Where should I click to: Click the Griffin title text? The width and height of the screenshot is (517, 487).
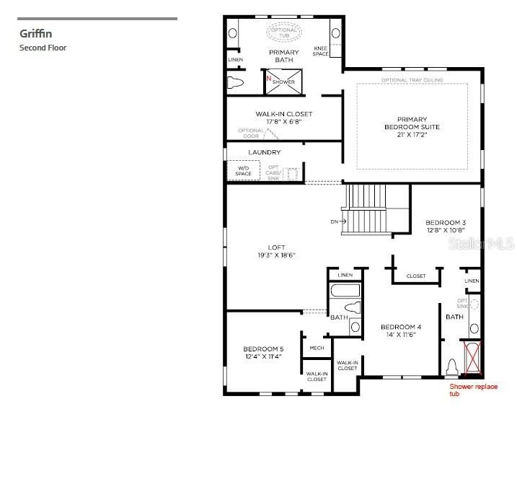pos(35,33)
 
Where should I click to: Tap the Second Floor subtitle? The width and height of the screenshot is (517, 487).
pos(43,48)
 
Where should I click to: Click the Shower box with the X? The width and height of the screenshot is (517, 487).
pos(282,82)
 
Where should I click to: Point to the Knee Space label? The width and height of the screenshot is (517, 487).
pos(321,51)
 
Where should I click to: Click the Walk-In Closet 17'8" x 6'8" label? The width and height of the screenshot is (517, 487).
pos(283,118)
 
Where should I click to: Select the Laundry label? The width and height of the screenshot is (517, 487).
pos(264,152)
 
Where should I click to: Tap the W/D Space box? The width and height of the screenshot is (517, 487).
pos(243,171)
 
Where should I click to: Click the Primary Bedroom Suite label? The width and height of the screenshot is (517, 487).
pos(412,127)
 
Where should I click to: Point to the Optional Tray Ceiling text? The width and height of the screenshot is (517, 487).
pos(412,79)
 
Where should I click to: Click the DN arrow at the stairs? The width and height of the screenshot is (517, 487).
pos(339,221)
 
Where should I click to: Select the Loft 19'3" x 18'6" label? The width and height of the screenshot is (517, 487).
pos(276,251)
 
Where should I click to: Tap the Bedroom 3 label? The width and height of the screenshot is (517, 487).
pos(445,226)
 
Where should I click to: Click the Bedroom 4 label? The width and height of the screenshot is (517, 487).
pos(401,331)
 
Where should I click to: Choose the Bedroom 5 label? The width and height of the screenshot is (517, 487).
pos(263,353)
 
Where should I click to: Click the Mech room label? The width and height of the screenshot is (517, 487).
pos(317,348)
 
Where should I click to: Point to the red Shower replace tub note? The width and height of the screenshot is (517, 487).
pos(473,390)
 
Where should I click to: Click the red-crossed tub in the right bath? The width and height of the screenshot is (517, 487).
pos(473,357)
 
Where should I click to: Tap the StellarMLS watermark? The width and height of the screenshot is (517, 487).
pos(482,244)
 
